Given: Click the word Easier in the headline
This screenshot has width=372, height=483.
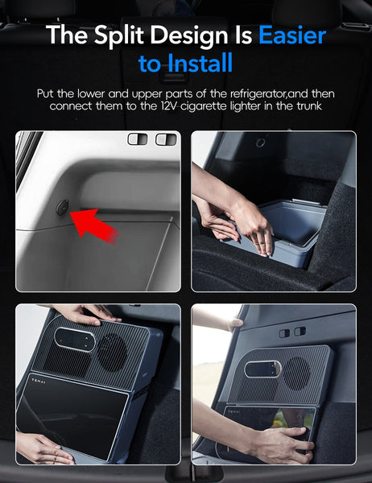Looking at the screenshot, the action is (x=292, y=35).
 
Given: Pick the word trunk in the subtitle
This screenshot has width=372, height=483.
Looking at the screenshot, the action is (x=309, y=106).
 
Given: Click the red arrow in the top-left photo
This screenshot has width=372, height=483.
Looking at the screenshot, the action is (x=94, y=225).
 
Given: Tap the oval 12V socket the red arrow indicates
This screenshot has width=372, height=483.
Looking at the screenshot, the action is (x=62, y=208).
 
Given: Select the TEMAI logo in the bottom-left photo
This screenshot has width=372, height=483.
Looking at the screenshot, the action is (x=39, y=382).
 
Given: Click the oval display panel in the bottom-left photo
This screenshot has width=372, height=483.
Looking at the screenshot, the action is (x=75, y=339).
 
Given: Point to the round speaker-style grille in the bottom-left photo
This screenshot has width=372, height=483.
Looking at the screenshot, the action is (x=112, y=352).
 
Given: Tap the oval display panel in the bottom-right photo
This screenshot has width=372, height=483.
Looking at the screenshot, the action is (x=262, y=369).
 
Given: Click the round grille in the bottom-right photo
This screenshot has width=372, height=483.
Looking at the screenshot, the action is (x=297, y=374).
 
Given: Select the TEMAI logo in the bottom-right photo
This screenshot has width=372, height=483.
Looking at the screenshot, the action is (x=234, y=411).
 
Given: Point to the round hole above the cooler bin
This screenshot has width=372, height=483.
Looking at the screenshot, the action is (x=261, y=142).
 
